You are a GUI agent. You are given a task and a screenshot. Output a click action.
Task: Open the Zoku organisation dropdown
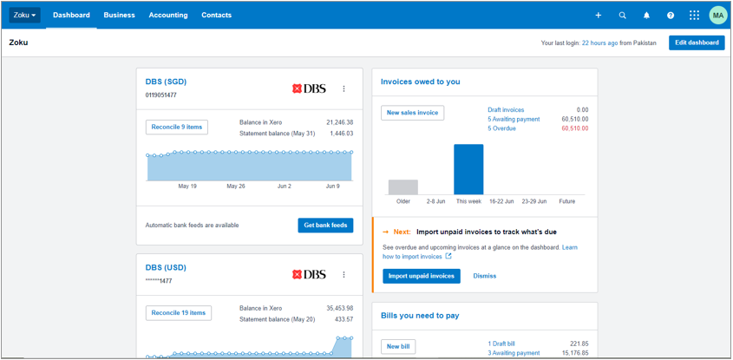point(24,15)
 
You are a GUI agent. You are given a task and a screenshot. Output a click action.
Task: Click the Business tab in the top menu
point(119,15)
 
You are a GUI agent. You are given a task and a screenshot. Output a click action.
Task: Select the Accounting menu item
point(167,15)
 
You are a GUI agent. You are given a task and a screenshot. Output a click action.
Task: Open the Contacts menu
point(216,15)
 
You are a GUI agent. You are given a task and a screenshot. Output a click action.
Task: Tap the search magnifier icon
point(622,16)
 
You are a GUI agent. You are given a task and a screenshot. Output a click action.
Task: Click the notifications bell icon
point(646,16)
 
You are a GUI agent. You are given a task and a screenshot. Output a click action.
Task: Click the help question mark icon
point(670,16)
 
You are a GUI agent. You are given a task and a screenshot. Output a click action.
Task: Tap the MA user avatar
point(717,16)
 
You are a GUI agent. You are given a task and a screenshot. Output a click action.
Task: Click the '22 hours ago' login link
point(599,43)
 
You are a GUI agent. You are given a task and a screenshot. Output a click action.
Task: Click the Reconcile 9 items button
point(177,128)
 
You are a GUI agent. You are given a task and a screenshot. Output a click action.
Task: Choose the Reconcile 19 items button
point(179,313)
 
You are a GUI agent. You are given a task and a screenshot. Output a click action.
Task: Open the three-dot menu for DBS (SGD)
point(344,88)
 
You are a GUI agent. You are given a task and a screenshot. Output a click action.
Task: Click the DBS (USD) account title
point(166,267)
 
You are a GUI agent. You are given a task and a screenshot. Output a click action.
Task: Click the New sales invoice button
point(412,113)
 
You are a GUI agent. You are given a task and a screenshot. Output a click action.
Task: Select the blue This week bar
point(468,169)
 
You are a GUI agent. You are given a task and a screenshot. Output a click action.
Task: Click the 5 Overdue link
point(501,128)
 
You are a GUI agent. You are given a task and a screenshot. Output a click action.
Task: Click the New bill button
point(398,347)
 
